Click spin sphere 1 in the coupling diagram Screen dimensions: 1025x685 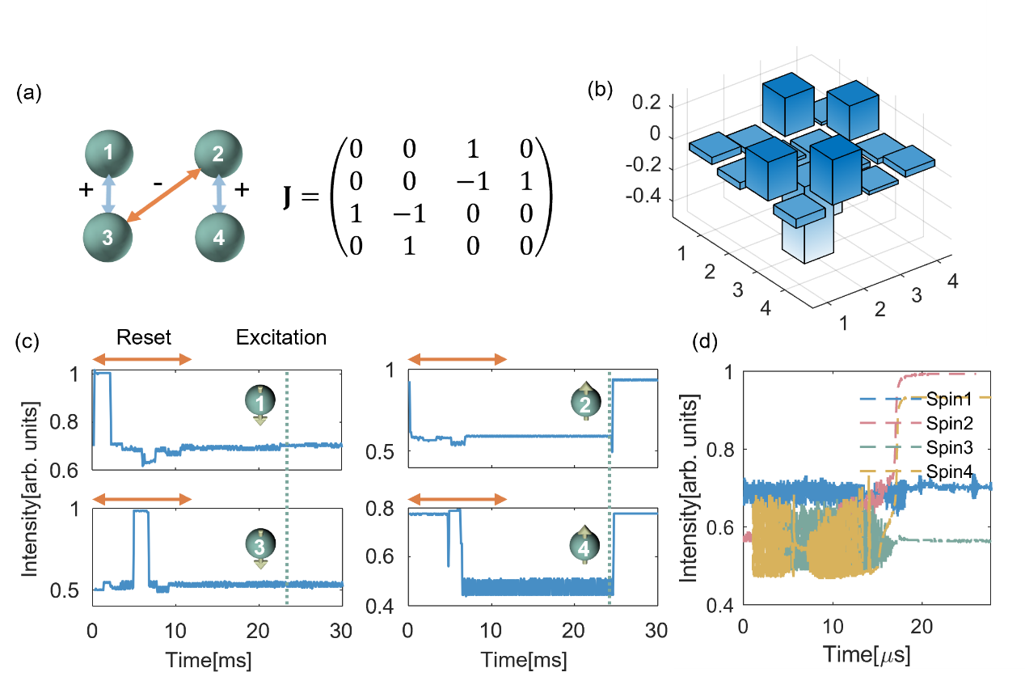click(109, 154)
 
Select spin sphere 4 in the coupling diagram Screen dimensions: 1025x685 click(220, 238)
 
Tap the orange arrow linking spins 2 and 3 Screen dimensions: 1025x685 click(164, 195)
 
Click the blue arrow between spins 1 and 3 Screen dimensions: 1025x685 click(108, 194)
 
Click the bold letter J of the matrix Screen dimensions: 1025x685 click(287, 197)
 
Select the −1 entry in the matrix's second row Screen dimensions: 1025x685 click(473, 181)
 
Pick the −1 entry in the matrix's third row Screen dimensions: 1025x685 click(410, 214)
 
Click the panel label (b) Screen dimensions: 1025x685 click(600, 90)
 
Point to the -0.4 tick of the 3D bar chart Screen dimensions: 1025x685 click(643, 196)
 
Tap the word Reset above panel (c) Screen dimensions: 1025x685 click(144, 337)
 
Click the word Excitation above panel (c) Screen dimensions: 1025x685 click(281, 337)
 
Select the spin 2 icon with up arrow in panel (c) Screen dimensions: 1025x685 click(585, 402)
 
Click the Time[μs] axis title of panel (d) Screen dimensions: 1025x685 click(867, 654)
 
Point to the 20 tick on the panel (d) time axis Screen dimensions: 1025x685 click(922, 627)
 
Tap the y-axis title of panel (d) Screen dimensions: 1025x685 click(689, 488)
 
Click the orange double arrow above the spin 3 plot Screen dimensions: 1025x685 click(141, 499)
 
